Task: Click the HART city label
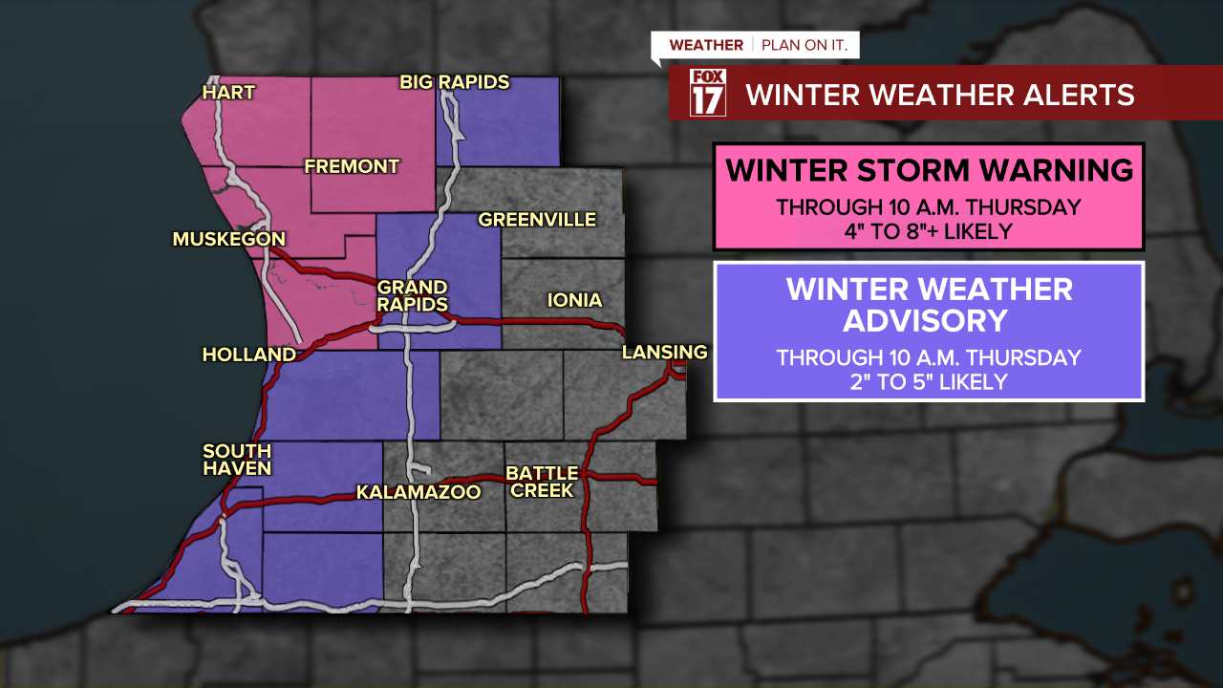229,93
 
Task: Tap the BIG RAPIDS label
455,83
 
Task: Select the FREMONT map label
352,167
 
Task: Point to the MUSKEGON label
229,239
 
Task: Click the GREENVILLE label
537,221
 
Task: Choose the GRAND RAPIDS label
413,296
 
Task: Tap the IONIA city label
574,301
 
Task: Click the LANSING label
664,353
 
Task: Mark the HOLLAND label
248,355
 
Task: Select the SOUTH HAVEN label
237,460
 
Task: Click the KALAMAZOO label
418,493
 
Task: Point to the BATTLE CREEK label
542,482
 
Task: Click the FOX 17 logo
708,93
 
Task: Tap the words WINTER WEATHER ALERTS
940,95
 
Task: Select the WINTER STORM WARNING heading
929,170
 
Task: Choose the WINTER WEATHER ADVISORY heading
929,304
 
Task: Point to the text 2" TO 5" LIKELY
928,382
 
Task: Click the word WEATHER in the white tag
706,46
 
